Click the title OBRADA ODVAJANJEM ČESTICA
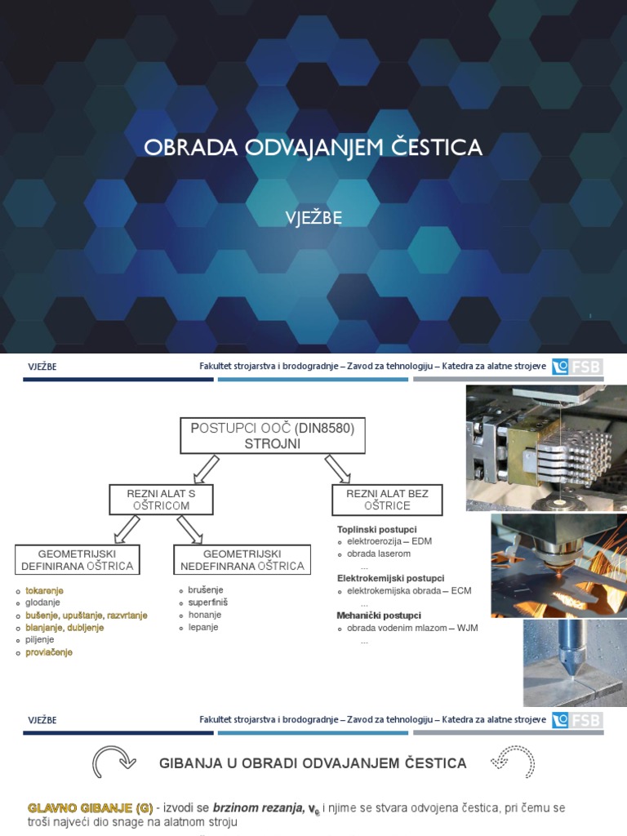click(313, 148)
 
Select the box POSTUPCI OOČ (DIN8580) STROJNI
click(273, 436)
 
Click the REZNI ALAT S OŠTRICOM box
click(161, 500)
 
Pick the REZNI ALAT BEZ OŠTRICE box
click(387, 500)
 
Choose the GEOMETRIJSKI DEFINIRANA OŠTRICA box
click(78, 560)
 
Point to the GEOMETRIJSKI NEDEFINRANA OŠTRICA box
click(242, 560)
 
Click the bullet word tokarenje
click(44, 590)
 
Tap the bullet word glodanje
click(42, 603)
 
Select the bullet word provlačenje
click(49, 652)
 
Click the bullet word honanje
click(205, 615)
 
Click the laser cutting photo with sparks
click(558, 564)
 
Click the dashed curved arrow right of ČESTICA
click(513, 763)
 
